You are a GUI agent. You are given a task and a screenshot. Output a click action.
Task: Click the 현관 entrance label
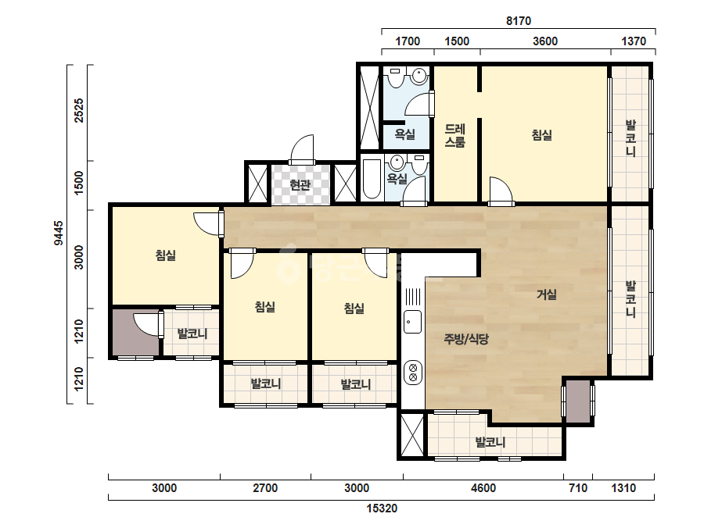click(300, 185)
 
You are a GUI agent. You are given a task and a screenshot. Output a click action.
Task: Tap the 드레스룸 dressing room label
click(454, 136)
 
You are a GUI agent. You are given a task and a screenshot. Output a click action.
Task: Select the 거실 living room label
click(547, 294)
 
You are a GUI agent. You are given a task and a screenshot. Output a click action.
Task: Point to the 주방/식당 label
click(466, 340)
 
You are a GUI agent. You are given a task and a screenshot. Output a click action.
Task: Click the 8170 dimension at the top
click(519, 20)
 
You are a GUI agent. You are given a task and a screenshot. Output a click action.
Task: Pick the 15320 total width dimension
click(382, 508)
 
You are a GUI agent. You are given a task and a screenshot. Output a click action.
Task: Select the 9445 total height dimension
click(59, 233)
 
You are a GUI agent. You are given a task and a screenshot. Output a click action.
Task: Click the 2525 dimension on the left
click(79, 110)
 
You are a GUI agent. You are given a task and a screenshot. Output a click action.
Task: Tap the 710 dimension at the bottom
click(578, 487)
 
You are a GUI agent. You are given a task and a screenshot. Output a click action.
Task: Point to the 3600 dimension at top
click(545, 41)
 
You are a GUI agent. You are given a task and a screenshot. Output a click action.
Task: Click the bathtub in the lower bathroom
click(372, 179)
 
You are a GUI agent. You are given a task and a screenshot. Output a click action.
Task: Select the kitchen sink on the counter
click(412, 322)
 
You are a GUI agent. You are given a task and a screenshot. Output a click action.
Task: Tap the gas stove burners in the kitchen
click(413, 372)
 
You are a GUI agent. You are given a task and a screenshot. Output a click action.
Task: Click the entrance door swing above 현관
click(303, 148)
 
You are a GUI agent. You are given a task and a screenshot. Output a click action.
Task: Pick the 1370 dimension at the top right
click(634, 41)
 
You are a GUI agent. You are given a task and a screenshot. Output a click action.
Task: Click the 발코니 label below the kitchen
click(490, 442)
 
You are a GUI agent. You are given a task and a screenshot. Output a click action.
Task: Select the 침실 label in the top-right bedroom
click(542, 135)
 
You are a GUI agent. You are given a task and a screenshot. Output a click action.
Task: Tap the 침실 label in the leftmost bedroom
click(165, 255)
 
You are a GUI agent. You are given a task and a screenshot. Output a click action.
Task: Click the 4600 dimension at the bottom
click(483, 487)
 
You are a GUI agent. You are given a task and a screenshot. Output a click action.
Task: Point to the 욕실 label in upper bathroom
click(404, 134)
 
